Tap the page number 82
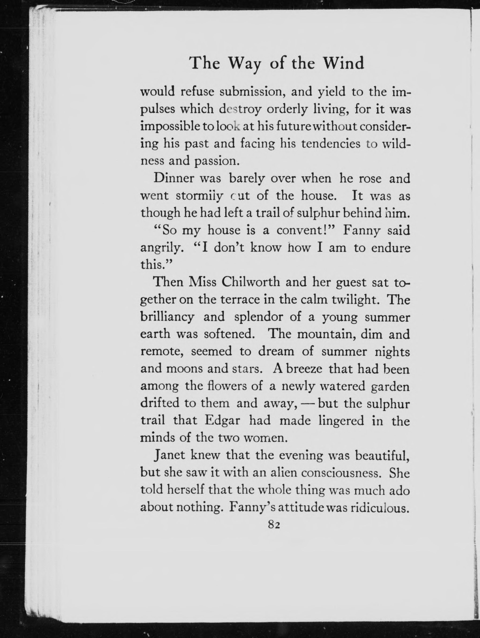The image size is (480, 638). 274,524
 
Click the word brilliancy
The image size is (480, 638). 167,317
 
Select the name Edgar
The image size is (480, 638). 222,421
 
